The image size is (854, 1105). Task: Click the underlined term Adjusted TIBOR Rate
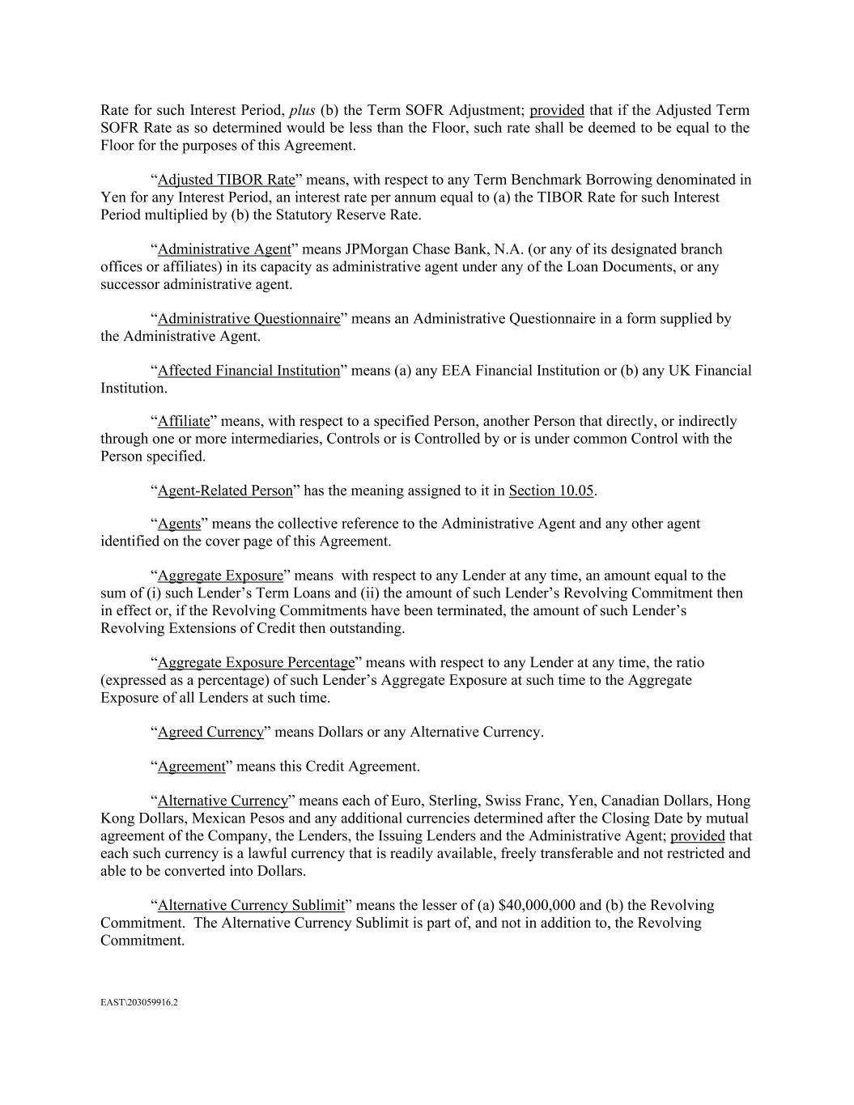tap(226, 180)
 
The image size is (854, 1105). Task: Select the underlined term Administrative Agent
tap(223, 249)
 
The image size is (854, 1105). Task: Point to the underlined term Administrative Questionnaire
tap(249, 319)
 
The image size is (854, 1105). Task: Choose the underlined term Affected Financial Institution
tap(249, 371)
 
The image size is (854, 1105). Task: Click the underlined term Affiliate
tap(183, 421)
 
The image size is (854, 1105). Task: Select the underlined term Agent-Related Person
tap(225, 491)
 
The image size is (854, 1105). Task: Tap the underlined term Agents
tap(179, 524)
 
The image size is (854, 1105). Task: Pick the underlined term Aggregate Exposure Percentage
tap(256, 663)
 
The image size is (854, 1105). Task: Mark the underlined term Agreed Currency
tap(210, 733)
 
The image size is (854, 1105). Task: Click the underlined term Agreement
tap(191, 767)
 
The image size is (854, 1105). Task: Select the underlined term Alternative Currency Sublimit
tap(251, 906)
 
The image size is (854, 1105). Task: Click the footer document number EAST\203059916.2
tap(138, 1002)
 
